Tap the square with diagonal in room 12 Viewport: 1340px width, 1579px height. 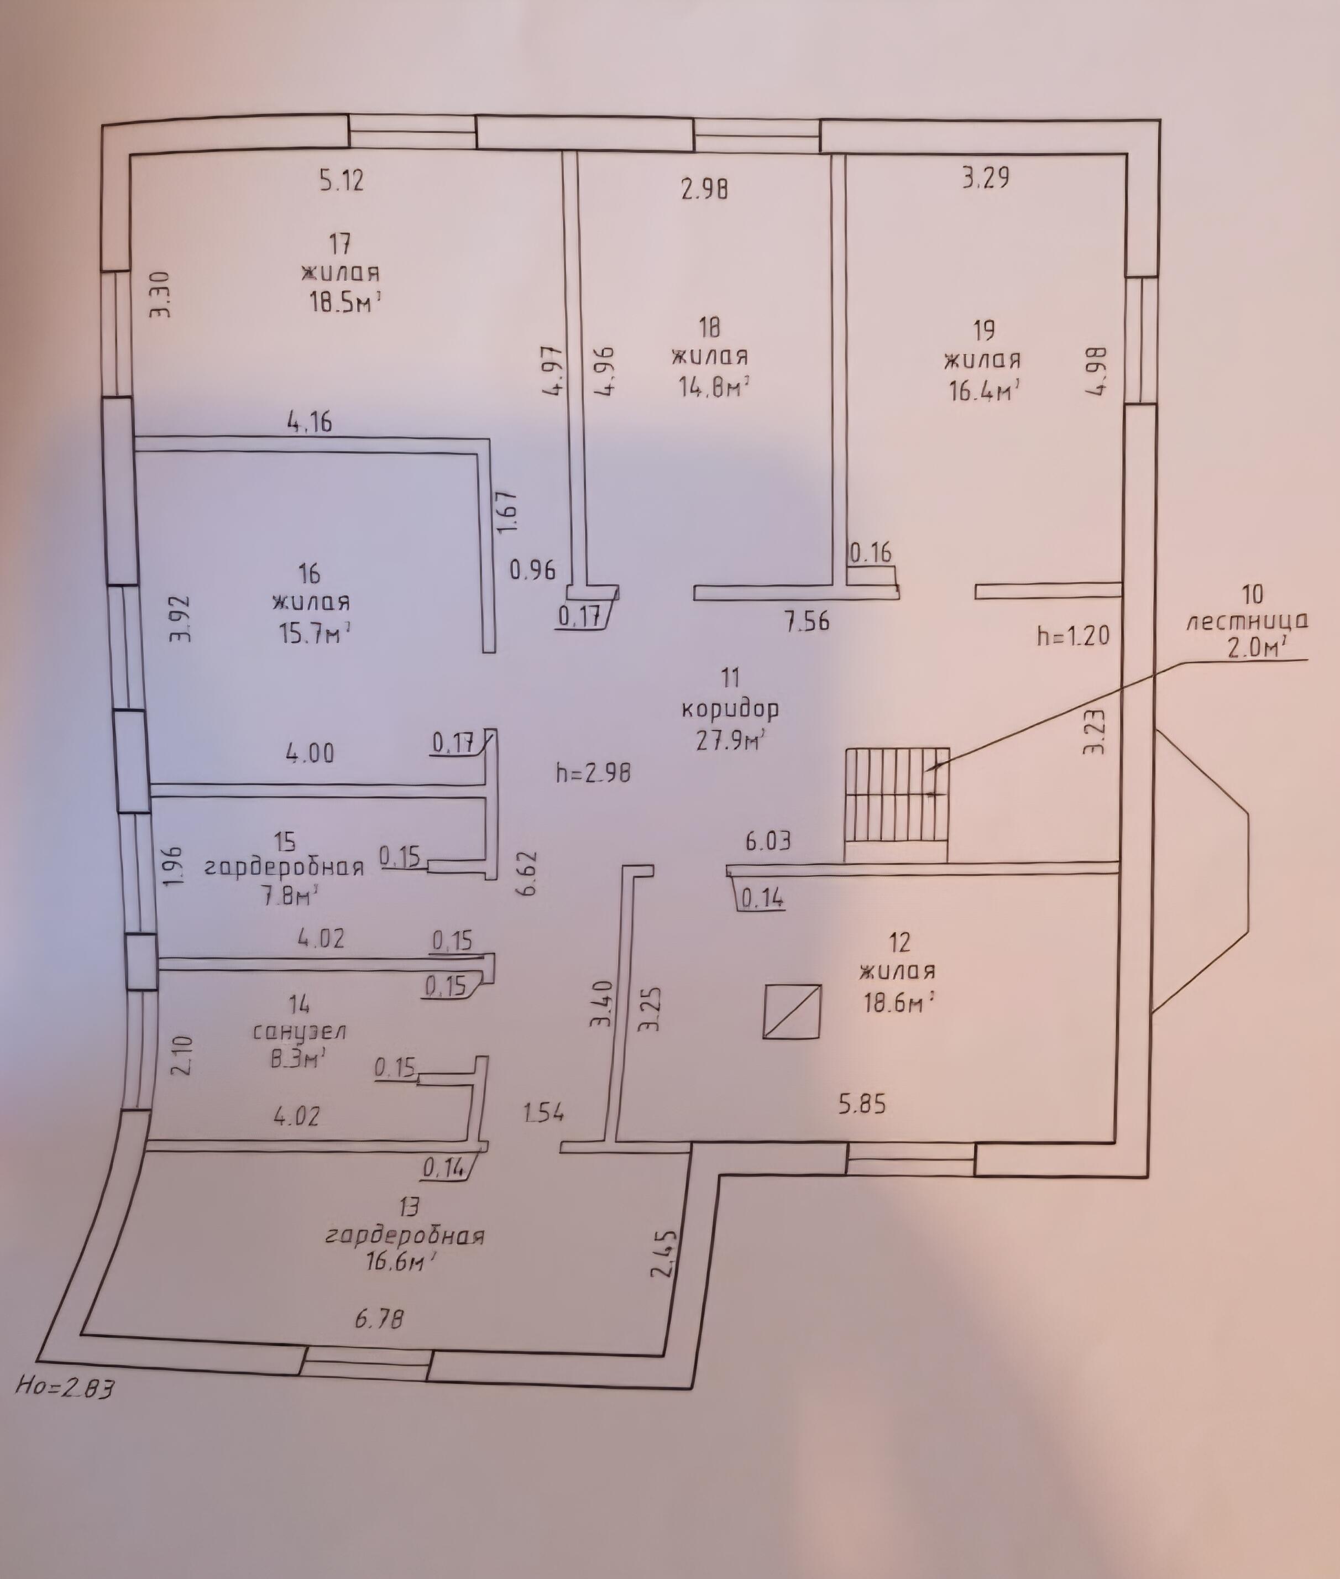pyautogui.click(x=792, y=1011)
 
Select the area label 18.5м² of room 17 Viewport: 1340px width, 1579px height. pyautogui.click(x=343, y=303)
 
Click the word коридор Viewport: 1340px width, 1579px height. pyautogui.click(x=730, y=710)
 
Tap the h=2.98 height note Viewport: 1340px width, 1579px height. pyautogui.click(x=593, y=773)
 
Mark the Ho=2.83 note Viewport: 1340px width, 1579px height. pyautogui.click(x=65, y=1388)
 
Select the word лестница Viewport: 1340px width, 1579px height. pyautogui.click(x=1247, y=621)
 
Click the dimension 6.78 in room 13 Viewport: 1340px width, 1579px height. pyautogui.click(x=379, y=1317)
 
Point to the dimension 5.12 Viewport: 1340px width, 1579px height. pyautogui.click(x=341, y=181)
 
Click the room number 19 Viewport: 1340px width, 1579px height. pyautogui.click(x=984, y=331)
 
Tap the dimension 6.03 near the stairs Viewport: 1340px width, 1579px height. pyautogui.click(x=768, y=841)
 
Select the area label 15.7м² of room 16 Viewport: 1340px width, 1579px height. pyautogui.click(x=311, y=632)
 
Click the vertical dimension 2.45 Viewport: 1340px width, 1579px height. pyautogui.click(x=663, y=1256)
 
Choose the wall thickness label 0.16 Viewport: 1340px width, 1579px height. pyautogui.click(x=871, y=552)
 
